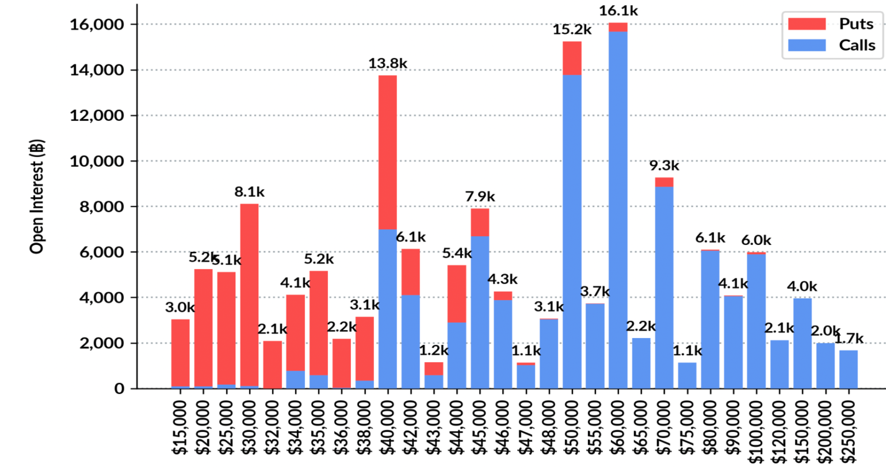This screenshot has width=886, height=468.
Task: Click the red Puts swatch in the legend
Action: click(x=807, y=24)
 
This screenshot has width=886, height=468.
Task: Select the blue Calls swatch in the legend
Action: click(x=807, y=45)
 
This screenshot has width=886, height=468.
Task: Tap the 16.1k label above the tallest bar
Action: click(x=618, y=11)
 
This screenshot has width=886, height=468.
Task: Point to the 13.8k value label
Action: click(x=387, y=63)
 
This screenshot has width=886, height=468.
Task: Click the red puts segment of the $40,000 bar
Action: click(x=387, y=152)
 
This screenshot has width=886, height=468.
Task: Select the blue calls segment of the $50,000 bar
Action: click(x=572, y=230)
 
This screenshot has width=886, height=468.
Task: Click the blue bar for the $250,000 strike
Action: click(x=848, y=369)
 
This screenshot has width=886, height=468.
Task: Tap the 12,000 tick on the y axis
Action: click(x=97, y=116)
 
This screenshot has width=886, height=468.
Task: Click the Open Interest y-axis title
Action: click(x=37, y=196)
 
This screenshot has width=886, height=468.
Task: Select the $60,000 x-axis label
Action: click(x=618, y=427)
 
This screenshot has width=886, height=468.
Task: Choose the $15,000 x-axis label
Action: click(x=180, y=427)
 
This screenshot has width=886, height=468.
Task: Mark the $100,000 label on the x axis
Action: click(x=756, y=431)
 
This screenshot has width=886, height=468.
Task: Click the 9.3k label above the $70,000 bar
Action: click(x=664, y=166)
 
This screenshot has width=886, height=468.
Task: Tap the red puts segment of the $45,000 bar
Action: click(x=480, y=222)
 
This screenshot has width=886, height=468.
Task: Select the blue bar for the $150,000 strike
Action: click(x=802, y=343)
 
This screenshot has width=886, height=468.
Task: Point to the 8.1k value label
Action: click(x=249, y=192)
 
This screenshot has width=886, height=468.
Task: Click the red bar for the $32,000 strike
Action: click(x=272, y=365)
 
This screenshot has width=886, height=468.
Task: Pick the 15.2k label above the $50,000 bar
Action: click(x=572, y=29)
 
